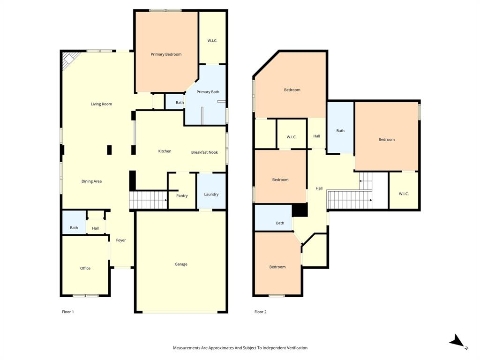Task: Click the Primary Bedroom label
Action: click(166, 54)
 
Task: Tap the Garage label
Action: click(181, 264)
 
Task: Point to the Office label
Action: click(85, 268)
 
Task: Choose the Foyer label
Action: click(121, 240)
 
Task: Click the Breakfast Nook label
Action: click(204, 152)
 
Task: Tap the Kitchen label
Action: click(165, 151)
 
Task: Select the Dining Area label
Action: click(91, 181)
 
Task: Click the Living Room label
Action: click(101, 104)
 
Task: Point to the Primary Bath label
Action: click(208, 92)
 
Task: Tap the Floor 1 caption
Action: click(68, 312)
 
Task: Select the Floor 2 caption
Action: click(260, 312)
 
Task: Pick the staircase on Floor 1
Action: click(148, 200)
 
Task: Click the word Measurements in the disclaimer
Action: click(187, 348)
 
